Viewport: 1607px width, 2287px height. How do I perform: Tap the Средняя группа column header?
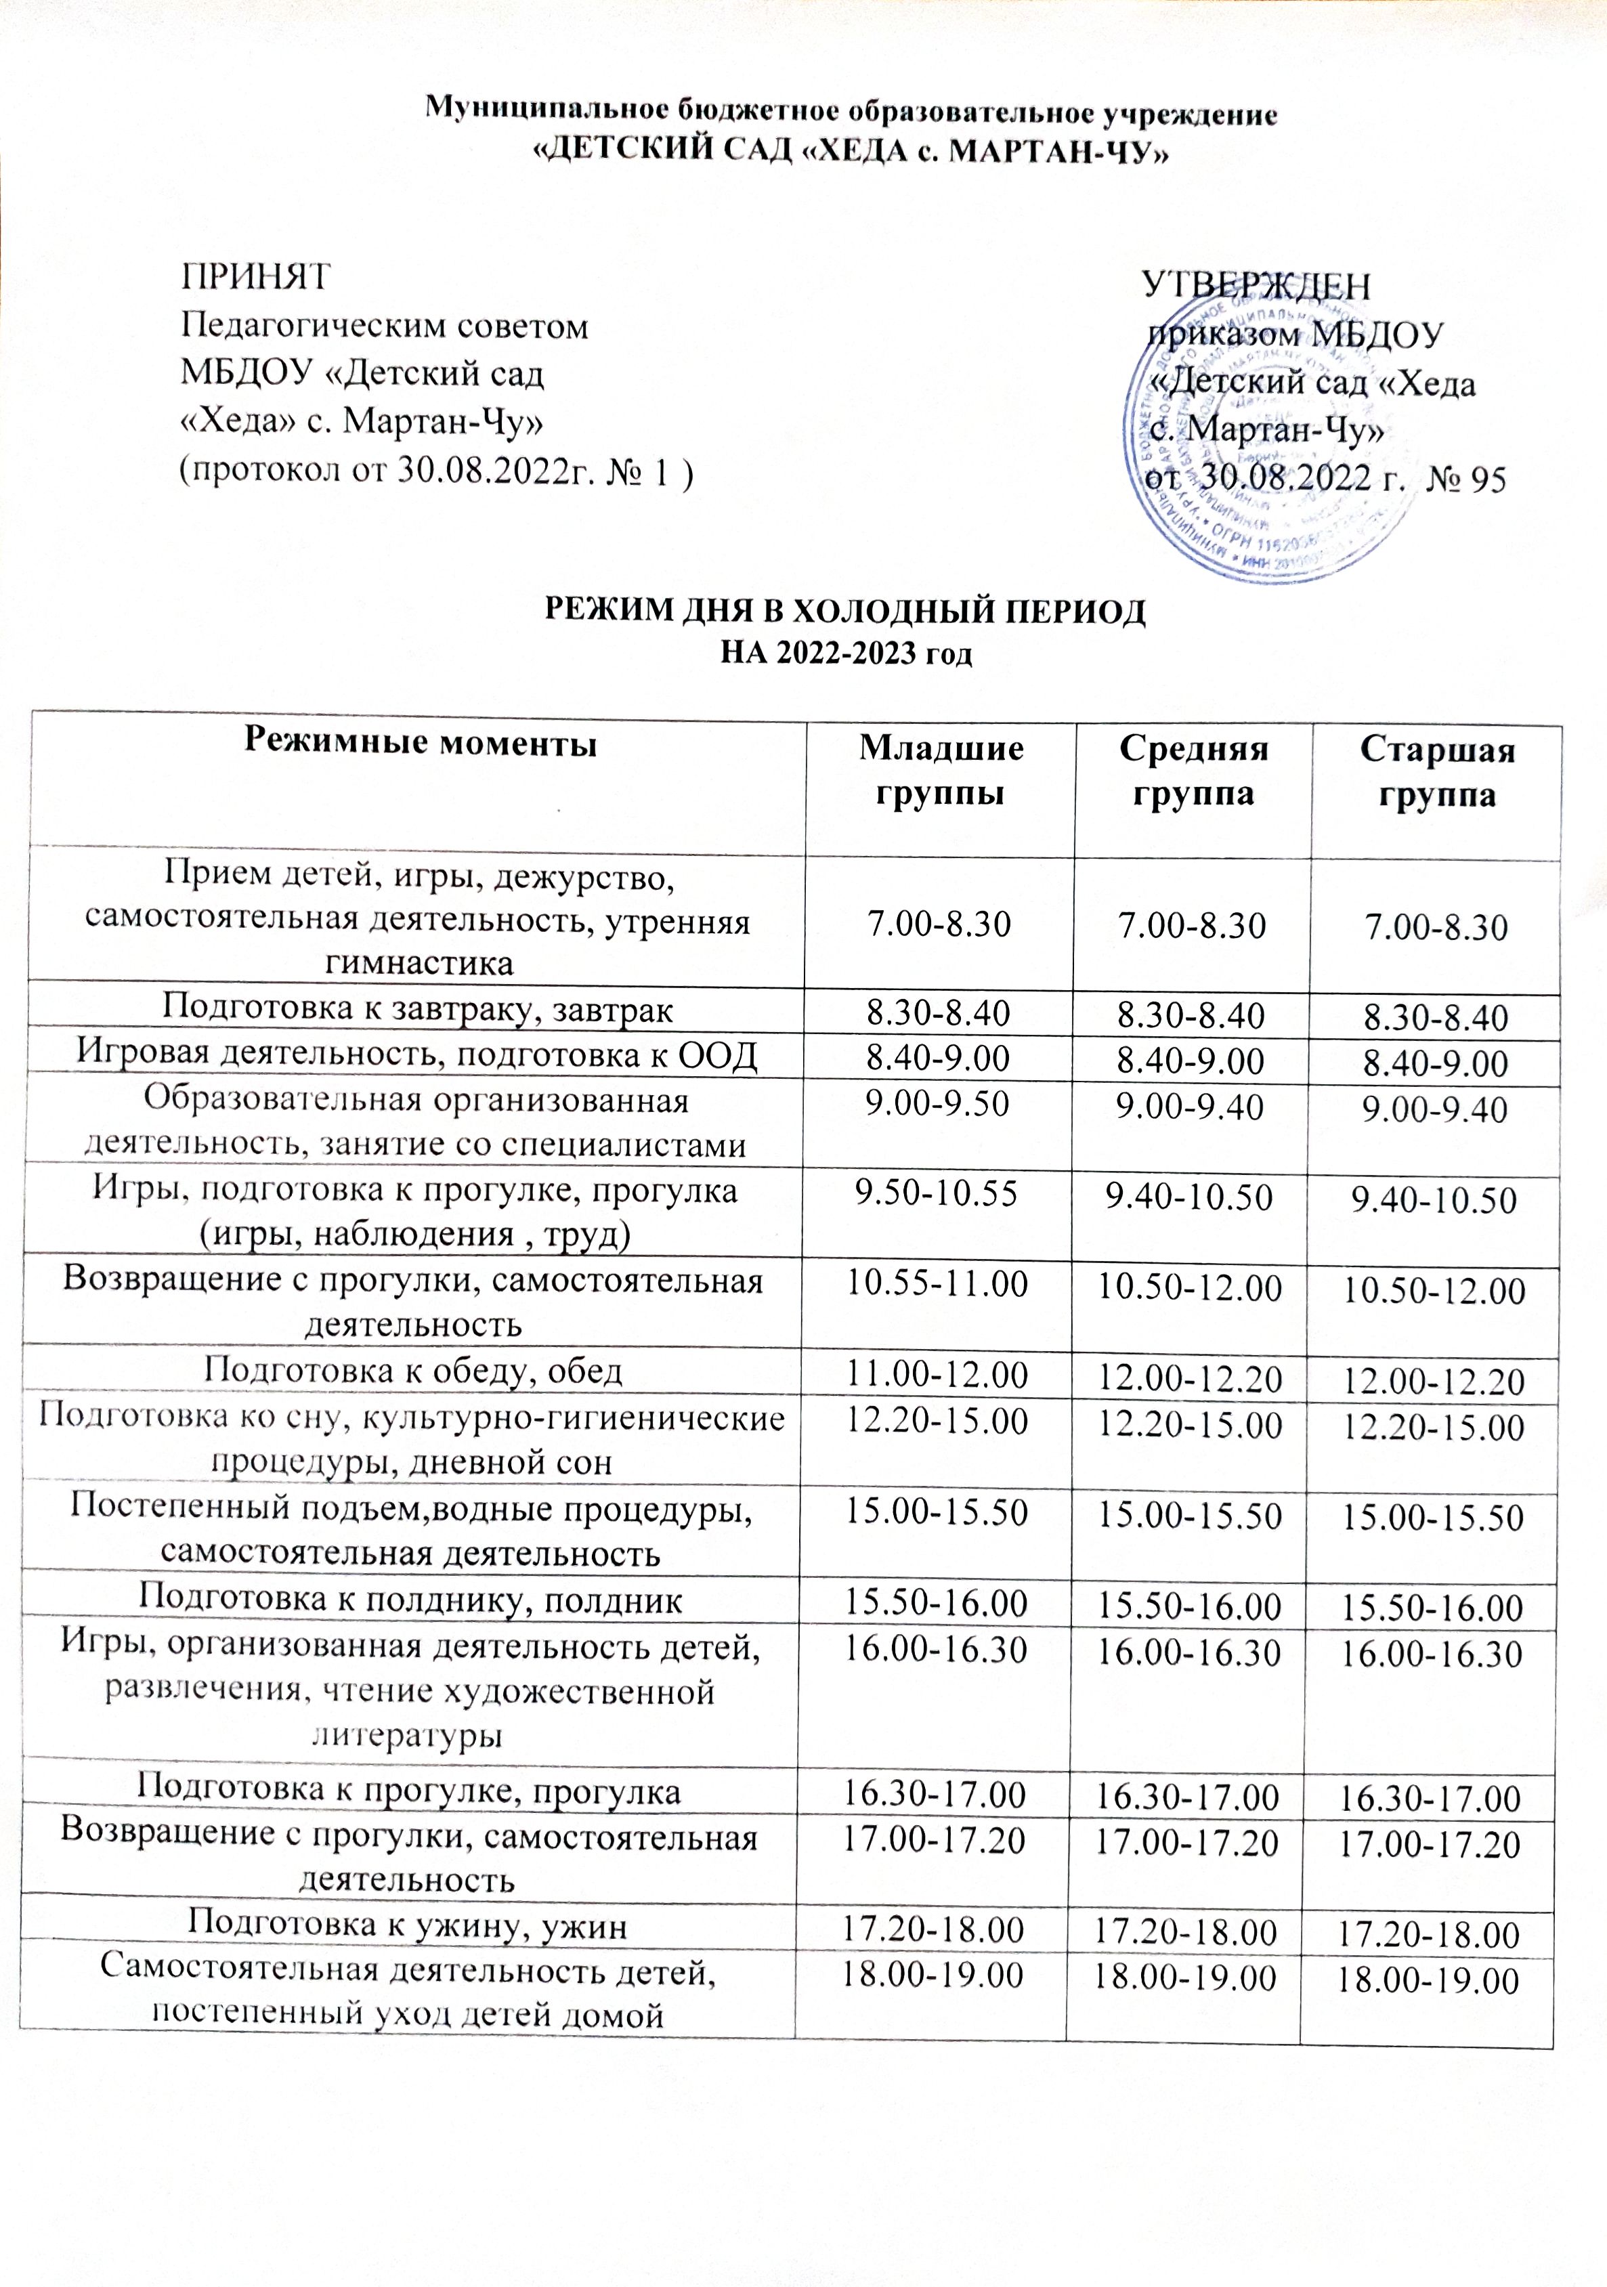pos(1193,770)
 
